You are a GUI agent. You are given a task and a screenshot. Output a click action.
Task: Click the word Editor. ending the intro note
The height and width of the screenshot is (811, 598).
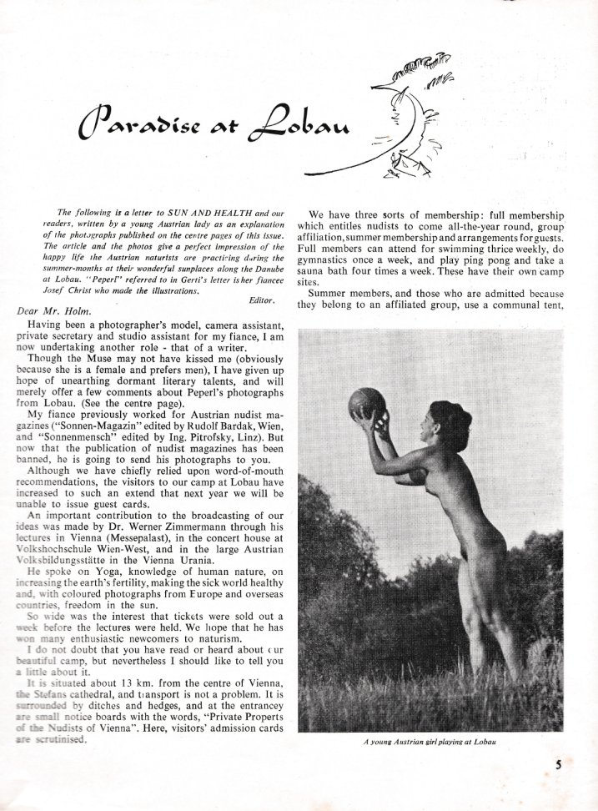[x=267, y=298]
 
